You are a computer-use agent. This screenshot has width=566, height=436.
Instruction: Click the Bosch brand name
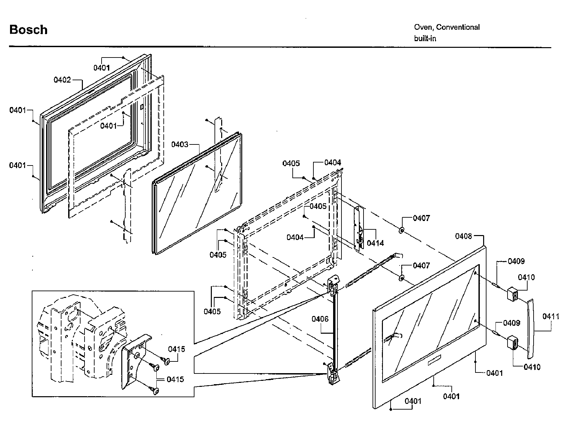28,30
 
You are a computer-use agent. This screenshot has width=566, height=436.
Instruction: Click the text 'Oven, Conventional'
447,27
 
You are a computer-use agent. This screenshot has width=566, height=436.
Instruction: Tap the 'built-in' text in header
425,38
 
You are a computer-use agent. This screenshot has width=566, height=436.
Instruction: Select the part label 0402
62,80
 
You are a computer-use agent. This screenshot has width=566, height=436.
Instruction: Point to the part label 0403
180,144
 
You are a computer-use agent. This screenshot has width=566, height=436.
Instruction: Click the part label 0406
320,319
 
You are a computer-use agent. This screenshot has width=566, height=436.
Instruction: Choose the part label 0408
463,236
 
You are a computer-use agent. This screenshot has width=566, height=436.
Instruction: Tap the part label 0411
551,316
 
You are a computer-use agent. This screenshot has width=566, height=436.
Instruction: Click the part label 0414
375,243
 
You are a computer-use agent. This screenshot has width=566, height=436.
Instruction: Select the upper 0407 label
421,218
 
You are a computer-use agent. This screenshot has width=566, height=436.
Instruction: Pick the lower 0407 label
421,265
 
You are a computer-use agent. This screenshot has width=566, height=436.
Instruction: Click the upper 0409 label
516,261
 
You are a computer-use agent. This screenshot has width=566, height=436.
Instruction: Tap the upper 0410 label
526,277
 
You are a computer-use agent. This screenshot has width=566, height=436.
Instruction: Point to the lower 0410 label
532,367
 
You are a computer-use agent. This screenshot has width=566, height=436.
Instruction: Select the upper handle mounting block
512,294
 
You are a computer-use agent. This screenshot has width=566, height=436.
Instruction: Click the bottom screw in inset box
155,390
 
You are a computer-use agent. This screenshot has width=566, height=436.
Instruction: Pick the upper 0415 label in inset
176,349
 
